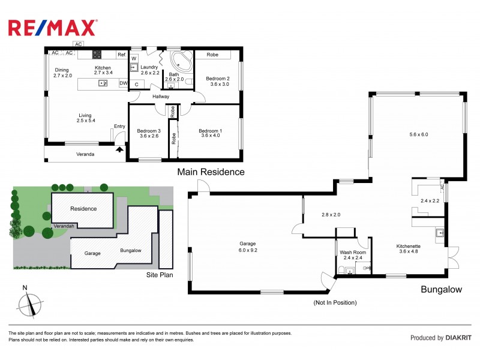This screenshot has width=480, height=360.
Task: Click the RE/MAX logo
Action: [x=52, y=28]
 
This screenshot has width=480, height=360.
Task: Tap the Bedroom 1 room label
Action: [x=210, y=133]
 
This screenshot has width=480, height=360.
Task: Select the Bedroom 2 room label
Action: [x=218, y=81]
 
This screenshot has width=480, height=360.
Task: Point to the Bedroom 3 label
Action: [x=149, y=133]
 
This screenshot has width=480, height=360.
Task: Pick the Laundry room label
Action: [x=149, y=70]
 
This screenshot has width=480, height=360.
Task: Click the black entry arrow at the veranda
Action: [x=121, y=149]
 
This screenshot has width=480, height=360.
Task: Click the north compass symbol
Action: [x=28, y=303]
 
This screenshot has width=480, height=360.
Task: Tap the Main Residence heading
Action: [x=211, y=172]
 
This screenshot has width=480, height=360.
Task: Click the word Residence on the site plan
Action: [x=83, y=209]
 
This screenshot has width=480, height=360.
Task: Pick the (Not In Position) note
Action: [x=335, y=302]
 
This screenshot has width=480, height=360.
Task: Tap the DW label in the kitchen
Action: [x=123, y=83]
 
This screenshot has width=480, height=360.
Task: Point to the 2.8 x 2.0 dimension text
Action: [x=331, y=214]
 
